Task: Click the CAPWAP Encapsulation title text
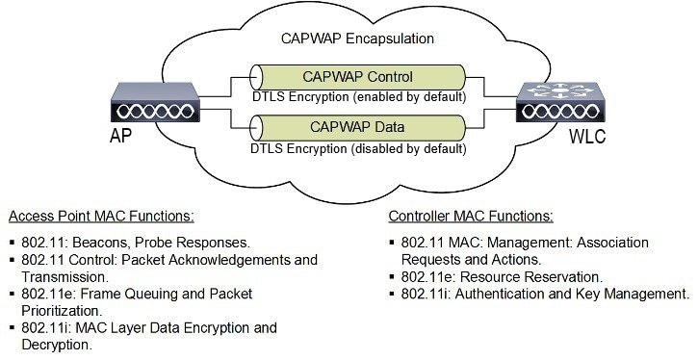357,39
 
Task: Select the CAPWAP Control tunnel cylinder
357,77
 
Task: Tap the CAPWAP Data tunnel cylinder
357,128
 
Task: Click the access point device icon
154,102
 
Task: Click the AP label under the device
121,136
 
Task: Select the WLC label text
587,137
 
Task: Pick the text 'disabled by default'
408,148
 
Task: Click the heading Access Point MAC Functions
101,217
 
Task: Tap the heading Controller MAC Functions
471,217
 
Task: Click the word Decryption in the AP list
57,345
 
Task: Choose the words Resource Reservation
531,277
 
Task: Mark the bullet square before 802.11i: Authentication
392,295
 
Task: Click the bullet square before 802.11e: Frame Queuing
12,295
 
